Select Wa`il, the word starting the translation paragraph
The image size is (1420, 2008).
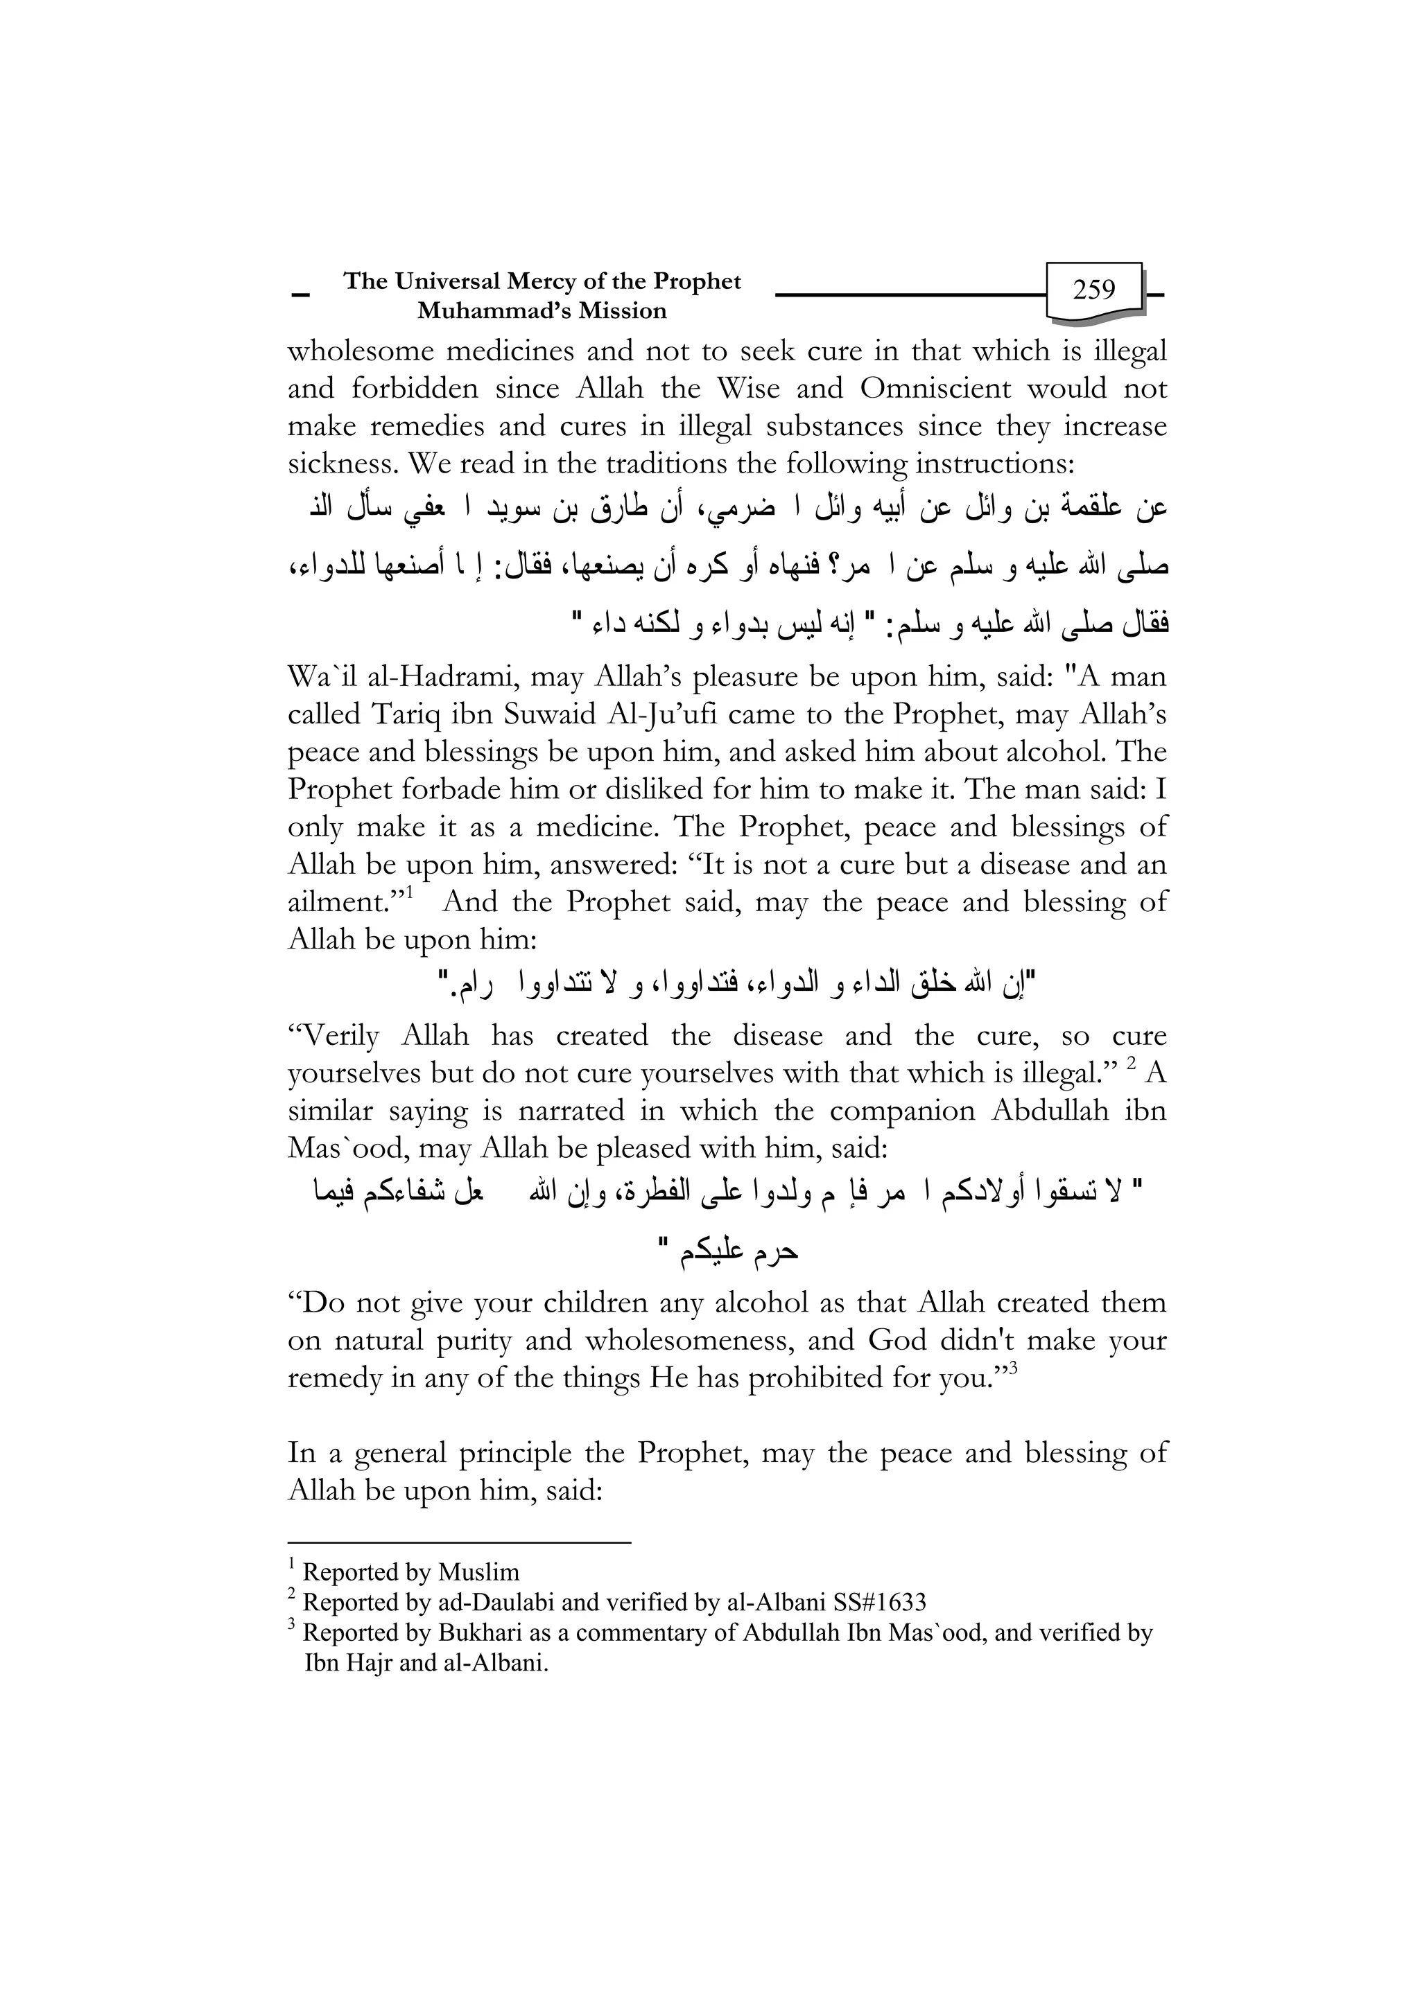(x=318, y=677)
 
